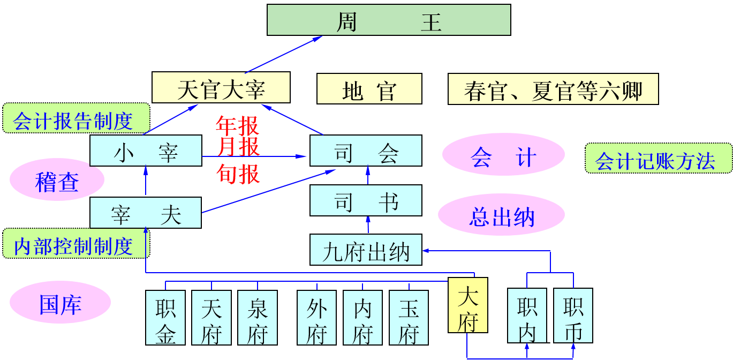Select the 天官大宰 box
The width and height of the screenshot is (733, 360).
click(221, 87)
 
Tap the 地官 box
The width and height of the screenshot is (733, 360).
click(369, 89)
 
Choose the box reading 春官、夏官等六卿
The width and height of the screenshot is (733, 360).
click(553, 89)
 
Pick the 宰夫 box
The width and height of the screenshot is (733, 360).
click(146, 213)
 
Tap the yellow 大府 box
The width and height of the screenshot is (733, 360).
click(467, 305)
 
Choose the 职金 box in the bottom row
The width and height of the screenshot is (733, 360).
click(165, 318)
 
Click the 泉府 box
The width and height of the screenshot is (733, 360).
click(258, 318)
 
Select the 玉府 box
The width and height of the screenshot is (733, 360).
click(409, 318)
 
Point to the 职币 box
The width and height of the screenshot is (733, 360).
click(573, 316)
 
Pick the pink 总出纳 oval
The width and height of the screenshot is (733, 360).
click(501, 215)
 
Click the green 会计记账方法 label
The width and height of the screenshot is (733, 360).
click(658, 159)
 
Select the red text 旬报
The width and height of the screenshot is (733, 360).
click(238, 174)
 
